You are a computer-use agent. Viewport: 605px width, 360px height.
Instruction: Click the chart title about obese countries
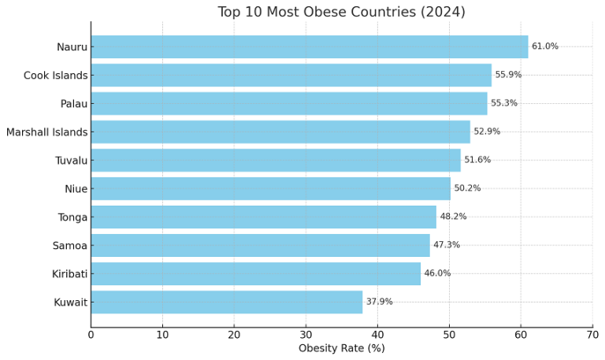pyautogui.click(x=341, y=12)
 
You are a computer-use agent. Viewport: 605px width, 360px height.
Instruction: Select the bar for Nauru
pyautogui.click(x=309, y=46)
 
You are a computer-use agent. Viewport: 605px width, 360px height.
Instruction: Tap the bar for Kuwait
pyautogui.click(x=226, y=302)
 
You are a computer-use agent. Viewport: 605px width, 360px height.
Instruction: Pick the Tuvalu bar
pyautogui.click(x=275, y=160)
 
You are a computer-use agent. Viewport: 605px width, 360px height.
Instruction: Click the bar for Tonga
pyautogui.click(x=263, y=217)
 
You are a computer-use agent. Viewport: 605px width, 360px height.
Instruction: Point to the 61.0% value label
pyautogui.click(x=545, y=46)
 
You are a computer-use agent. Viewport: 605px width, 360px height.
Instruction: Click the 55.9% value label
pyautogui.click(x=508, y=75)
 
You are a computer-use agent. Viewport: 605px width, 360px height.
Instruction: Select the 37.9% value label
pyautogui.click(x=379, y=302)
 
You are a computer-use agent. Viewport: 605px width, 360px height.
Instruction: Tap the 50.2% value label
pyautogui.click(x=467, y=188)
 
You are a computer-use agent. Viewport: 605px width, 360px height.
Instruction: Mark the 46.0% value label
pyautogui.click(x=437, y=273)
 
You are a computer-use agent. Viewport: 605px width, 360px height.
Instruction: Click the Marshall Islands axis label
pyautogui.click(x=46, y=132)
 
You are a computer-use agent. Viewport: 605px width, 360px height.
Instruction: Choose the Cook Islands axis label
pyautogui.click(x=56, y=75)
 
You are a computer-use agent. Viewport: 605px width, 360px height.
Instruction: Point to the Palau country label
pyautogui.click(x=74, y=103)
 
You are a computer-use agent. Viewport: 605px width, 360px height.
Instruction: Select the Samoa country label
pyautogui.click(x=71, y=245)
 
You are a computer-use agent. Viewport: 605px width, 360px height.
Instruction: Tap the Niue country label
pyautogui.click(x=76, y=188)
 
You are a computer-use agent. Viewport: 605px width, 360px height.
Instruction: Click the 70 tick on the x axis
pyautogui.click(x=592, y=335)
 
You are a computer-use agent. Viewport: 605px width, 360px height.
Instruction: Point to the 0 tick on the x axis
pyautogui.click(x=91, y=335)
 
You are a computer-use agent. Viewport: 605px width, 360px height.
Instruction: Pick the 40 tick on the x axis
pyautogui.click(x=377, y=335)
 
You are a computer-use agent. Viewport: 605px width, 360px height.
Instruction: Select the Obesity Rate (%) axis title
pyautogui.click(x=341, y=348)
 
